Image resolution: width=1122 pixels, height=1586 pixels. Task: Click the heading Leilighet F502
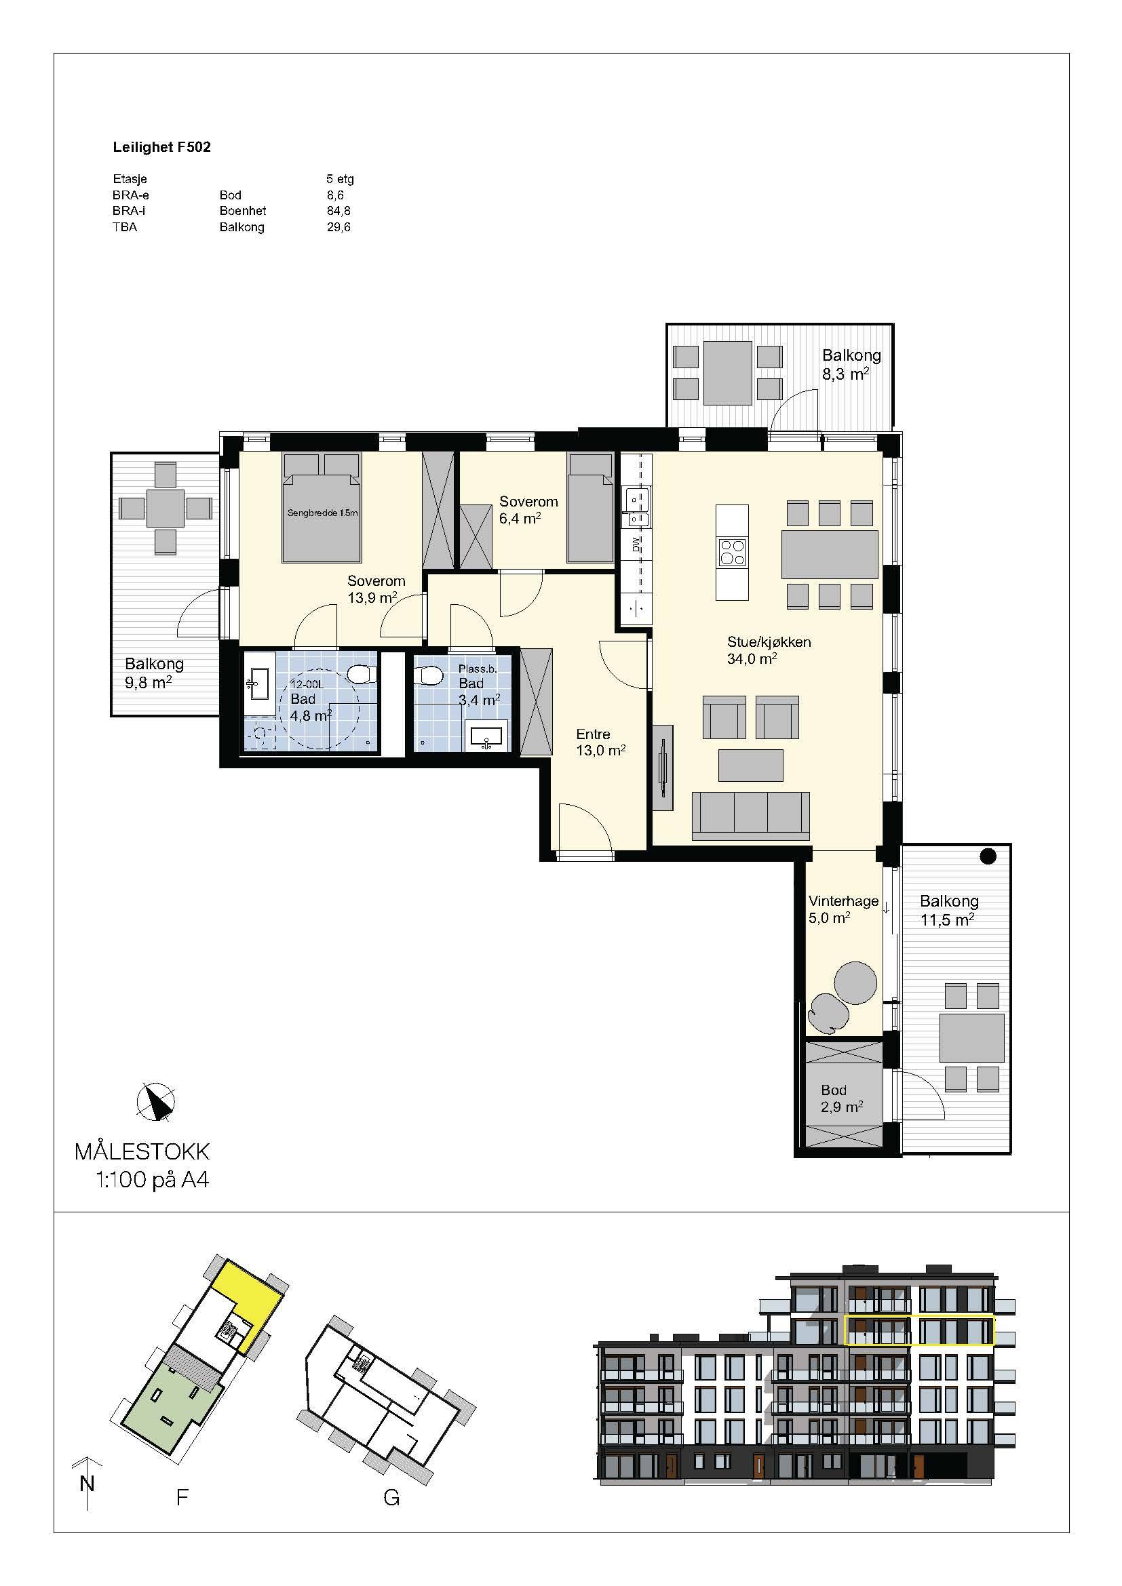[161, 147]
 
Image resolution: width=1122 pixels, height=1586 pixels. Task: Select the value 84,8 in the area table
[338, 211]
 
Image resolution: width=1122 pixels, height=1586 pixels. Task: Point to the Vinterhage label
[844, 900]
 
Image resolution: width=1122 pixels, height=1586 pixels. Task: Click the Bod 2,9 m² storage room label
[841, 1098]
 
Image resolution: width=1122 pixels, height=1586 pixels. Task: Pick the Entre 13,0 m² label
[601, 742]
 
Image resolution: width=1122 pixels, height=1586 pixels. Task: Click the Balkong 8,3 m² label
[851, 364]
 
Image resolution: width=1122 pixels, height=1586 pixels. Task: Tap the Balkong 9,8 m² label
[154, 673]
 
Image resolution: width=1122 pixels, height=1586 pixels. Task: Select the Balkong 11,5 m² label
[948, 910]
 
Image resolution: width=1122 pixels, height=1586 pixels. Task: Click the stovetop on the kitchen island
[733, 552]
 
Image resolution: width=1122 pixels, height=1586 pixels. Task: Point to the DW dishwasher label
[636, 544]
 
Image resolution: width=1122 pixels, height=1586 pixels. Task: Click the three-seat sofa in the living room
[750, 816]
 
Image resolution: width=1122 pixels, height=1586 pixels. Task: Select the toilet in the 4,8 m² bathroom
[362, 673]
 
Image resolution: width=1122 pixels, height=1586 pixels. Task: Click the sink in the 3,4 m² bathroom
[487, 736]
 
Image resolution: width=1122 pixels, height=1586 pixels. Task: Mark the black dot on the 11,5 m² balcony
[988, 856]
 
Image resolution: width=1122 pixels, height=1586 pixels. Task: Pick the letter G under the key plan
[391, 1499]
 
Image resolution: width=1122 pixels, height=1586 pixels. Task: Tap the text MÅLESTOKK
[142, 1151]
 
